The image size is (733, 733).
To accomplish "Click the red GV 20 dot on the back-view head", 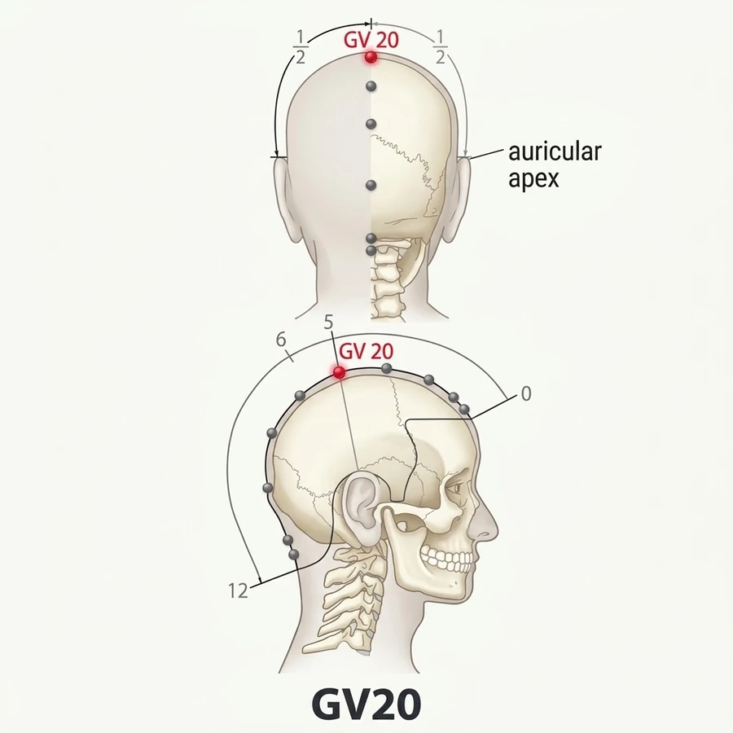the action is (x=371, y=58).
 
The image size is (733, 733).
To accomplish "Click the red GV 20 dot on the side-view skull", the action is (x=340, y=372).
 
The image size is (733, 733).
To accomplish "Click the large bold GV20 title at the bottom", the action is (x=366, y=704).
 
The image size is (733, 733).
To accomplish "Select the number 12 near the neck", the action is (x=238, y=591).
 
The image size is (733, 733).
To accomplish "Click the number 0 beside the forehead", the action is (x=526, y=394).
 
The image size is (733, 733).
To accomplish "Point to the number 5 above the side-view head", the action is (x=329, y=322).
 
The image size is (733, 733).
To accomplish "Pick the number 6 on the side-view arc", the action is (x=281, y=340).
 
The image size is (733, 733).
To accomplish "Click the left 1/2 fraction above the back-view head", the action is (x=301, y=46).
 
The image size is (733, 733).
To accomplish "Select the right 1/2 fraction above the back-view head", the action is (x=441, y=46).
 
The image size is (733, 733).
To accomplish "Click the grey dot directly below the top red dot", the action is (x=371, y=86).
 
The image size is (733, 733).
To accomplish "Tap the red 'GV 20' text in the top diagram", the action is (x=371, y=40).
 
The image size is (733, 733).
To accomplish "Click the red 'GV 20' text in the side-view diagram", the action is (x=366, y=351).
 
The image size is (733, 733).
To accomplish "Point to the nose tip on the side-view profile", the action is (x=495, y=532).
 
